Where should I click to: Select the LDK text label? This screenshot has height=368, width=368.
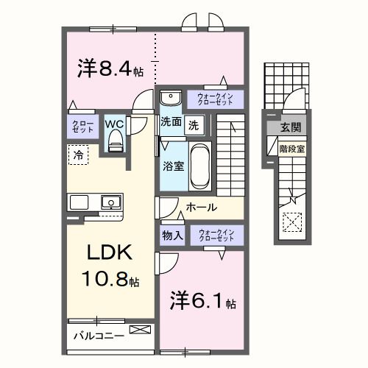tap(110, 255)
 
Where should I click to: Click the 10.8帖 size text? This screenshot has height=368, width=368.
tap(110, 280)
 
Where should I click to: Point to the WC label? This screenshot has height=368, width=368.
tap(115, 124)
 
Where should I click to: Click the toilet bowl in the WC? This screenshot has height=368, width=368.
tap(115, 144)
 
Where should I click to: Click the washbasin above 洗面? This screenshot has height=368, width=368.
tap(171, 99)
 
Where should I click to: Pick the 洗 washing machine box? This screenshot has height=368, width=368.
tap(193, 124)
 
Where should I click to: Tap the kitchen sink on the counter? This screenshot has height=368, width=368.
tap(110, 201)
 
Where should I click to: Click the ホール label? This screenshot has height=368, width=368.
tap(201, 208)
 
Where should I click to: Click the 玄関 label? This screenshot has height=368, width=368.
tap(289, 129)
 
